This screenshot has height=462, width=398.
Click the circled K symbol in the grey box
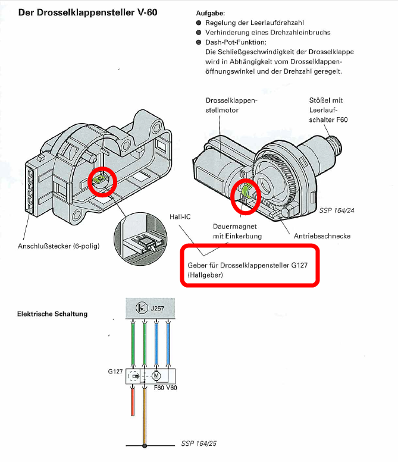click(x=142, y=308)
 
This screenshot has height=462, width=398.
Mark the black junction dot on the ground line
click(x=145, y=445)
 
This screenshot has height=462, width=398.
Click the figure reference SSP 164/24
click(x=337, y=210)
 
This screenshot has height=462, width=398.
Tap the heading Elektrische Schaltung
click(x=52, y=313)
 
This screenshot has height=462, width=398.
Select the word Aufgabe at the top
click(x=209, y=12)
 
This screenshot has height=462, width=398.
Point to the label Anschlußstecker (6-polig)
click(x=58, y=246)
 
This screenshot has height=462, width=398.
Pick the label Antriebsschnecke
click(x=322, y=236)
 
